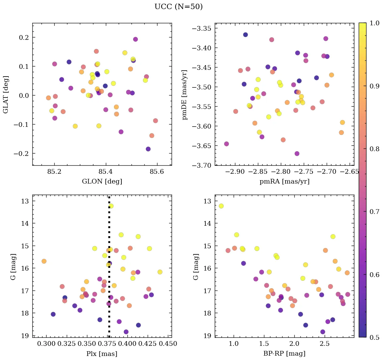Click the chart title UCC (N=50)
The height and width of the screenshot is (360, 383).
(x=178, y=7)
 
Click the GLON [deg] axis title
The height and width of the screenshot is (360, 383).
(x=102, y=182)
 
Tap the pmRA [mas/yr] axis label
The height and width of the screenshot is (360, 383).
(x=284, y=182)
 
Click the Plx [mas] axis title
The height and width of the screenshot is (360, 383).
(x=102, y=354)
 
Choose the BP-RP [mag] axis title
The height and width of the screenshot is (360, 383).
(x=284, y=354)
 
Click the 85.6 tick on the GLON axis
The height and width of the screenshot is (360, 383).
(x=157, y=172)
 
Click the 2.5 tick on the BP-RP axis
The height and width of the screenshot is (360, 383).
(x=325, y=344)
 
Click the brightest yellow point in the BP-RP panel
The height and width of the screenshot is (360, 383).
(x=221, y=206)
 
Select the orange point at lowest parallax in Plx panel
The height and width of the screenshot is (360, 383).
(x=44, y=261)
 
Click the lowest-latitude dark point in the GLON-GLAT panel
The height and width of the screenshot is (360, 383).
(x=148, y=149)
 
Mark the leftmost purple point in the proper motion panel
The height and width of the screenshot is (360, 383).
(x=227, y=144)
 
